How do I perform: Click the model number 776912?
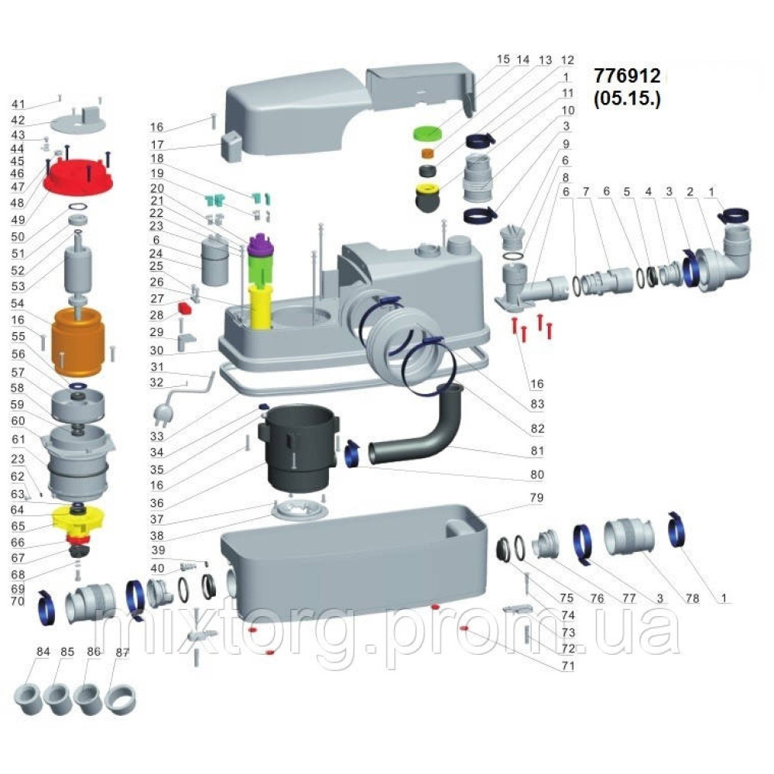pyautogui.click(x=627, y=77)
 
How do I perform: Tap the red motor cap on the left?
pyautogui.click(x=77, y=179)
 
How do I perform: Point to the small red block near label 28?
pyautogui.click(x=186, y=308)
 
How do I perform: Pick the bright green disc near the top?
pyautogui.click(x=426, y=132)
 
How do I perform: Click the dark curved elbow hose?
pyautogui.click(x=418, y=430)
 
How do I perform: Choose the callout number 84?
pyautogui.click(x=43, y=652)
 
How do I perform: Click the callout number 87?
pyautogui.click(x=121, y=652)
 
